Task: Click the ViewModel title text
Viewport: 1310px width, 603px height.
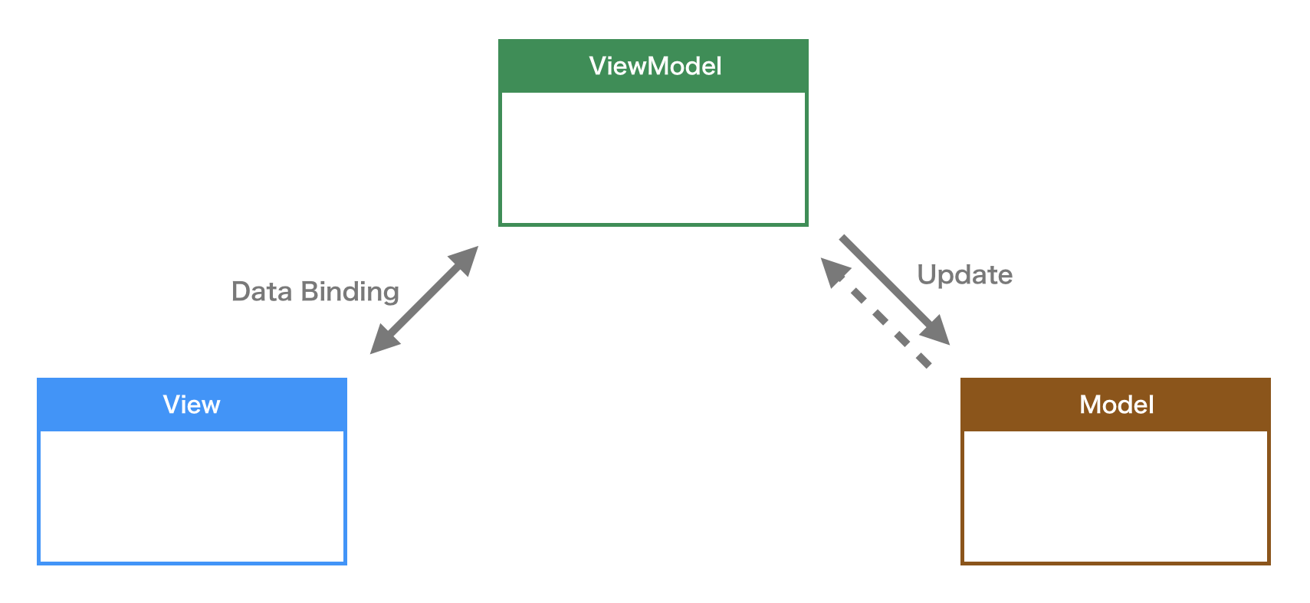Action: pos(655,66)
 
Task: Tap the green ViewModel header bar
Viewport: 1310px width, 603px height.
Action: pos(537,66)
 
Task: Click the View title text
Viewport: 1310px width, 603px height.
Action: pos(192,405)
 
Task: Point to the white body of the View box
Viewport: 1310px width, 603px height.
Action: pos(192,496)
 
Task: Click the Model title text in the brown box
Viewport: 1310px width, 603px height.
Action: pos(1116,405)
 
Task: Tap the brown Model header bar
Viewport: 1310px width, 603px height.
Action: pos(1012,405)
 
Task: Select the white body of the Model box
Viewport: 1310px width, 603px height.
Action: pos(1116,496)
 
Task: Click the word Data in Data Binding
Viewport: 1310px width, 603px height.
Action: pos(261,292)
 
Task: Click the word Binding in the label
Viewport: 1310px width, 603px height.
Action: pos(350,293)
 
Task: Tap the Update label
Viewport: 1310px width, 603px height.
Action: pos(964,275)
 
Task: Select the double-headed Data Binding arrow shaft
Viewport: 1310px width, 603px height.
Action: pos(424,300)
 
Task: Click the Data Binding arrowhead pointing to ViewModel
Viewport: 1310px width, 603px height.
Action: pos(465,260)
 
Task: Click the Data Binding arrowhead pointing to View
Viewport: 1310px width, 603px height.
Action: pos(383,341)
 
